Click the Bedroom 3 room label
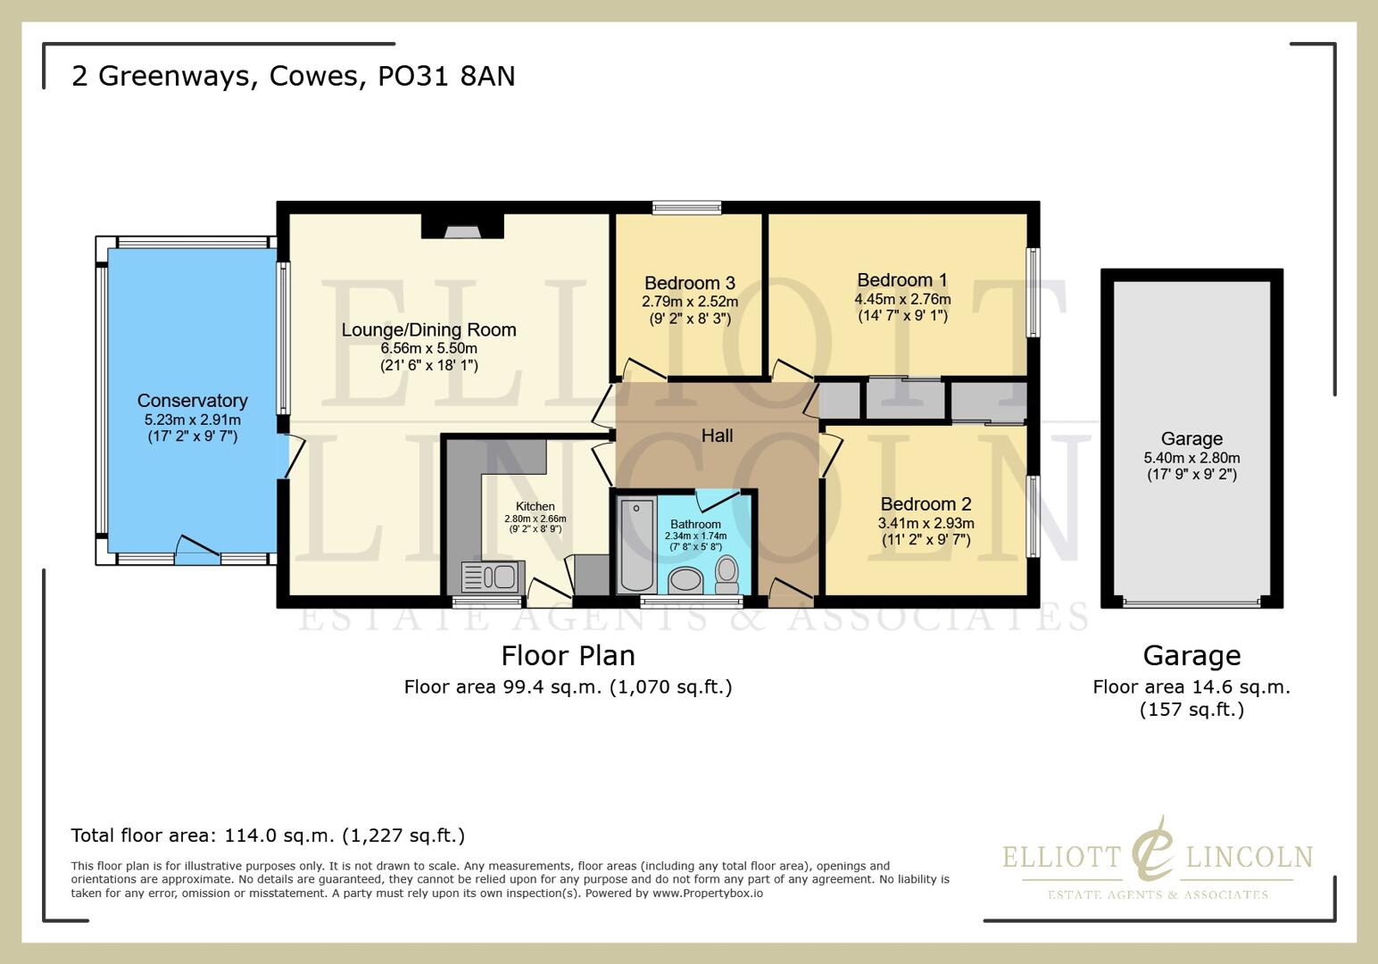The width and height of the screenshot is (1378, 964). pos(689,283)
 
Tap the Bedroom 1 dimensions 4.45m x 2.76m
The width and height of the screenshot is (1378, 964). pos(902,299)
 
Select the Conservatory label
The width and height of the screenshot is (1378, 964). pos(192,401)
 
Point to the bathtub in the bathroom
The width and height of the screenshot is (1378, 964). pos(637,544)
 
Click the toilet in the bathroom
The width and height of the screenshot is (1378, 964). pos(727,573)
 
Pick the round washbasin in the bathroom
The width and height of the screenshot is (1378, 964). pos(685,580)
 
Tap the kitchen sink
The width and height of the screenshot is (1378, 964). pos(489,577)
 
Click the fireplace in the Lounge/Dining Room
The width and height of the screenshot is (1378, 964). pos(462,230)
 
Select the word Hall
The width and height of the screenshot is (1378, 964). pos(717,436)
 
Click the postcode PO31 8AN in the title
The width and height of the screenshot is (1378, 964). pos(446,76)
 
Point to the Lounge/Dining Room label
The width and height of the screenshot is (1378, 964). pos(428,329)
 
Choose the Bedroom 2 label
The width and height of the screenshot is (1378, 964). pos(926,503)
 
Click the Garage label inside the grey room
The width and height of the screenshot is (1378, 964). pos(1191,438)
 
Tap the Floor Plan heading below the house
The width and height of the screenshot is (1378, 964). pos(568,656)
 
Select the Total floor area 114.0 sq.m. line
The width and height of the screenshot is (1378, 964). pos(268,835)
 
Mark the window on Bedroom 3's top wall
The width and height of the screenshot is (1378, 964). pos(686,208)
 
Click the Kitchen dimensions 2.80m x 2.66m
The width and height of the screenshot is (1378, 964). pos(535,519)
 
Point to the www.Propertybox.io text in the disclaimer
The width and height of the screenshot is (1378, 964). pos(708,893)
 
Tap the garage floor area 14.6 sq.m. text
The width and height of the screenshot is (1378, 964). pos(1191,687)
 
